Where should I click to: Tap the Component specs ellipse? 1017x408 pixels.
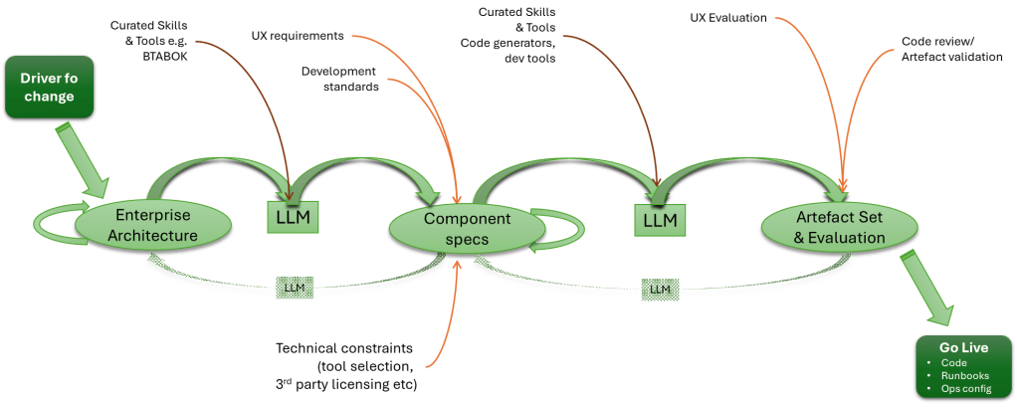click(x=467, y=228)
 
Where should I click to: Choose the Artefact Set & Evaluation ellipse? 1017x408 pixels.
click(x=825, y=228)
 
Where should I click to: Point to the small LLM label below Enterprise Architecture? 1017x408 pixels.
click(x=294, y=288)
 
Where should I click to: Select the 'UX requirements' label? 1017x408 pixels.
click(x=298, y=36)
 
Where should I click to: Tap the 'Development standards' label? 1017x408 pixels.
click(x=339, y=79)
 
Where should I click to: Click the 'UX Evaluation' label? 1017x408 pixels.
click(x=728, y=18)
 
